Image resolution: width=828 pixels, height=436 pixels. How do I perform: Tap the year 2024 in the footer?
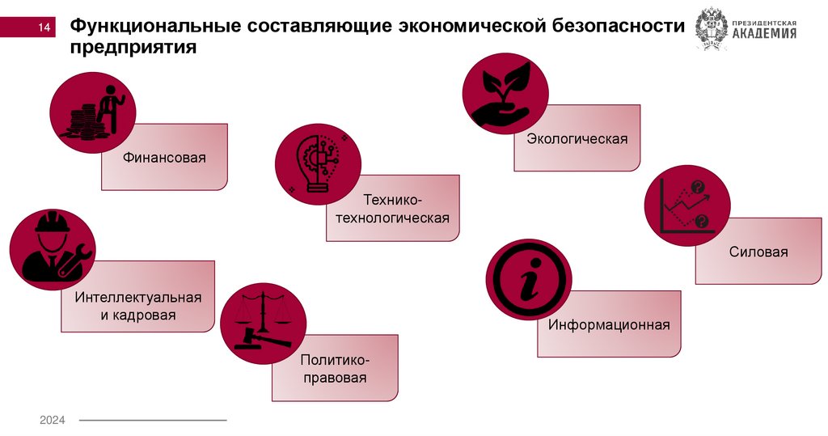point(53,420)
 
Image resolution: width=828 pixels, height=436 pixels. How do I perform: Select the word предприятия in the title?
point(132,49)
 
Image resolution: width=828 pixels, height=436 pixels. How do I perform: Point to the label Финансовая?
point(164,157)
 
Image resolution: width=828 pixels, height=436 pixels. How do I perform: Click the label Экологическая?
point(577,138)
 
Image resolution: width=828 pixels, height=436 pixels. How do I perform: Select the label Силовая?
point(758,252)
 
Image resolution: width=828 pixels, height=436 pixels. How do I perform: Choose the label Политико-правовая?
point(334,368)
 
